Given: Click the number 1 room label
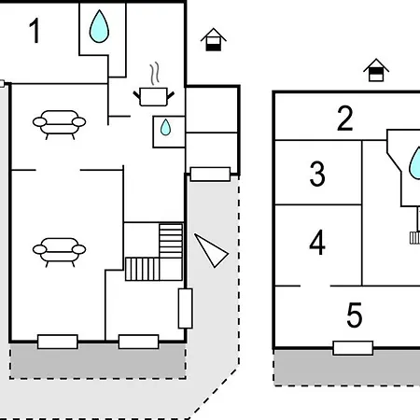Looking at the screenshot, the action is tap(35, 31).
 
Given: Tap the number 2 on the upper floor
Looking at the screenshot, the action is tap(345, 119).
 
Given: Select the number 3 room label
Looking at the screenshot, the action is tap(317, 174).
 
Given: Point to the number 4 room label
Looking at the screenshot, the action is tap(317, 242).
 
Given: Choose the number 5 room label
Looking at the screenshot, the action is tap(355, 315).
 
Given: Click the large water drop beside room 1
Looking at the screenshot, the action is tap(99, 26).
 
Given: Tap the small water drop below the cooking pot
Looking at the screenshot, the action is tap(165, 127).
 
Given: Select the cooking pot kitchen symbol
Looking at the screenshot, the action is tap(154, 97).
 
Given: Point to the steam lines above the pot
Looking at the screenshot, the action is tap(155, 74).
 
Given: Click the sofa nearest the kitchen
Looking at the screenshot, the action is tap(60, 125).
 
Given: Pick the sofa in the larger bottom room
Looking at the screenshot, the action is tap(60, 252).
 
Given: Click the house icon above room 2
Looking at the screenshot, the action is tap(376, 70).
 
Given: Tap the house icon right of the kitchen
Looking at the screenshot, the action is tap(214, 39).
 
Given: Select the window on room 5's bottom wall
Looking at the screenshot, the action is tap(353, 348).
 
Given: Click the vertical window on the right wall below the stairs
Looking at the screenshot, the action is tap(185, 308).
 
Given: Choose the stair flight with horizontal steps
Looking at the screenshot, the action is tap(171, 241).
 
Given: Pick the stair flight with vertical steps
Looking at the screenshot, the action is tap(143, 269).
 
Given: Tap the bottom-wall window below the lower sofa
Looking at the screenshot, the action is tap(58, 342).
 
